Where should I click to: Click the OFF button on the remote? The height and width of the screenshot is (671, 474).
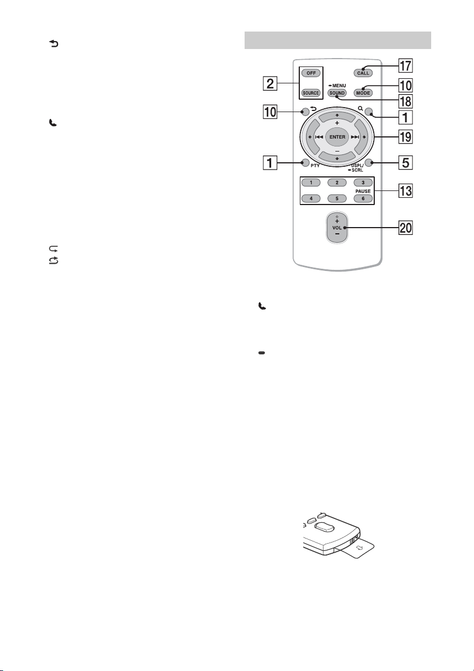tap(311, 73)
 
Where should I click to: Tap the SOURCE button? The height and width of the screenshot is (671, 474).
tap(311, 93)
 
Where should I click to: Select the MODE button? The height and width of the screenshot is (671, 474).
tap(363, 93)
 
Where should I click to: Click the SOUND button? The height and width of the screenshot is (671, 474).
tap(337, 93)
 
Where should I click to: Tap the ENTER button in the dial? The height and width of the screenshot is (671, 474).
tap(338, 137)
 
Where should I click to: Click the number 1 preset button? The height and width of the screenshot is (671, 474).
tap(311, 183)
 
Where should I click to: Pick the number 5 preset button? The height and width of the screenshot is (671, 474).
tap(337, 198)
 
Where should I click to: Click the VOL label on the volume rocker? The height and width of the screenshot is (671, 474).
tap(337, 228)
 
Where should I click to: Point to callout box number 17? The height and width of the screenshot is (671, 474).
tap(406, 66)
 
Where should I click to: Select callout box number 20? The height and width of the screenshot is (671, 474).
tap(406, 228)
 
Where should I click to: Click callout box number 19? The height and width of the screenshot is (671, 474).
tap(406, 137)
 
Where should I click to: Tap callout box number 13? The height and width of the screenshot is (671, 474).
tap(406, 190)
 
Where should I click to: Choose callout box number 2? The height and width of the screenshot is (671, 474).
tap(270, 83)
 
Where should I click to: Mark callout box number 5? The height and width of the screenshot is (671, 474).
tap(406, 163)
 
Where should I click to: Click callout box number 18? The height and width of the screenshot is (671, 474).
tap(406, 101)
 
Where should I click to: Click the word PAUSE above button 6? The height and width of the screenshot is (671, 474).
tap(363, 191)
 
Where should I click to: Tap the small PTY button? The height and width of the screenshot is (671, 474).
tap(304, 162)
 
